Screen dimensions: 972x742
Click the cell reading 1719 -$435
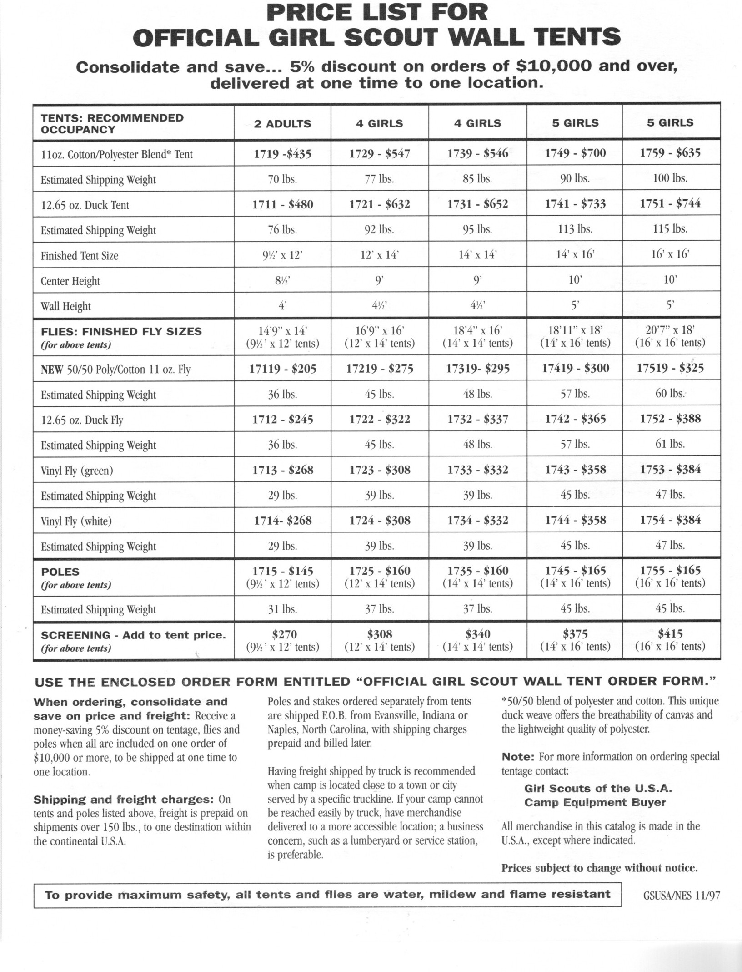(x=282, y=154)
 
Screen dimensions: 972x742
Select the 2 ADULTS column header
(x=282, y=123)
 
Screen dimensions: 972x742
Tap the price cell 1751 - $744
(x=670, y=203)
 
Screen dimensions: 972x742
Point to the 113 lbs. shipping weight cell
(x=575, y=229)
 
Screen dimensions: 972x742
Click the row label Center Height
(x=70, y=281)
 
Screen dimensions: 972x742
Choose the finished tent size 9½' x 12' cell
(x=282, y=255)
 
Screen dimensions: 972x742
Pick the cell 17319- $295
(x=477, y=368)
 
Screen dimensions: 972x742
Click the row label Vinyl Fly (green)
(x=76, y=470)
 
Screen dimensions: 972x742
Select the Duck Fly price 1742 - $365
(x=575, y=419)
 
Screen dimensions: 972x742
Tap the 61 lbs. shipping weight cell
(x=670, y=444)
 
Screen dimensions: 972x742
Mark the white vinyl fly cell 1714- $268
(x=282, y=520)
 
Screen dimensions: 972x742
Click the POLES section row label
(x=60, y=572)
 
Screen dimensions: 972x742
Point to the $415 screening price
(x=670, y=633)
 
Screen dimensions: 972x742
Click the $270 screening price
(x=282, y=634)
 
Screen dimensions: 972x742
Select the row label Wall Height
(x=65, y=306)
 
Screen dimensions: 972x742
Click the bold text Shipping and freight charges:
(x=124, y=800)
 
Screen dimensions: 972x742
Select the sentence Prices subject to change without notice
(x=599, y=868)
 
